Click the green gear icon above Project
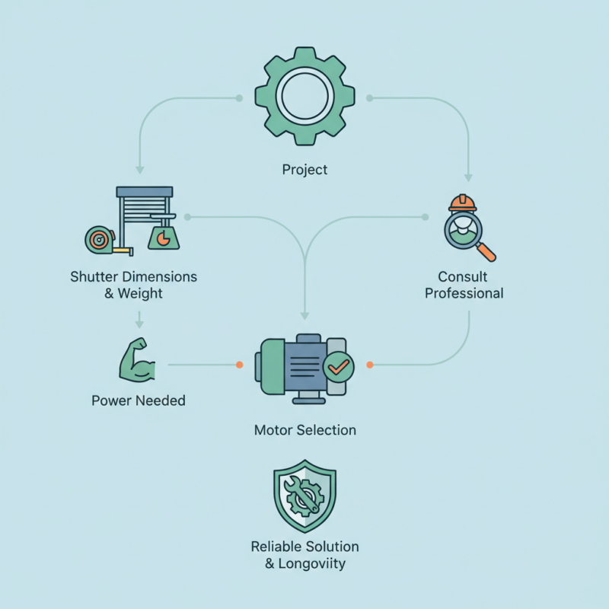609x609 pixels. [305, 97]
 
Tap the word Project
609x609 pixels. [305, 170]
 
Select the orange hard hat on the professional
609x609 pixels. [462, 202]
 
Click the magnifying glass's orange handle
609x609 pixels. [486, 252]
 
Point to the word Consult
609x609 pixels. [463, 276]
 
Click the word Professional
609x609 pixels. [464, 293]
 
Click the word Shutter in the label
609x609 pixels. [94, 276]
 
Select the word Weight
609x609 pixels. [140, 293]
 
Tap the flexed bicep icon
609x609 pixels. [137, 359]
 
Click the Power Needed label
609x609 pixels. [139, 400]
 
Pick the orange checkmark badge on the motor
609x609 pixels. [338, 367]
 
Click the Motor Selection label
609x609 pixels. [305, 430]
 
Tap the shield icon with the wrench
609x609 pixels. [305, 496]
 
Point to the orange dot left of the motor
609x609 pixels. [240, 365]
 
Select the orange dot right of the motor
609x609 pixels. [370, 365]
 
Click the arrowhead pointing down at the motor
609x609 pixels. [305, 315]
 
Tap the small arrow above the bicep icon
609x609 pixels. [139, 320]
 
